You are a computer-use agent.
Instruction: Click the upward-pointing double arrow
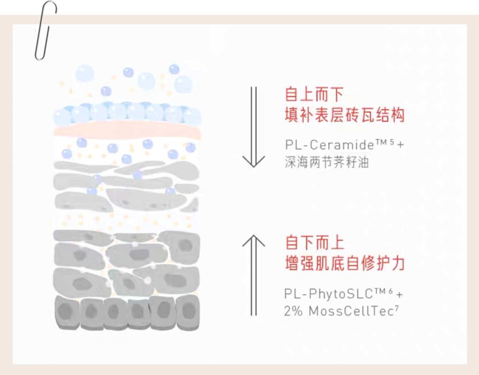(254, 275)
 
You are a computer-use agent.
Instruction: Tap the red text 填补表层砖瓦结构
(344, 115)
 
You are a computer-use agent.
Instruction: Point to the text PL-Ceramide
(329, 145)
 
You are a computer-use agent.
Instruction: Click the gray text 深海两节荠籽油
(326, 163)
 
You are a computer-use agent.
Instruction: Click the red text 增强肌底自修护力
(344, 263)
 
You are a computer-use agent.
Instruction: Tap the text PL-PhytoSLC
(328, 294)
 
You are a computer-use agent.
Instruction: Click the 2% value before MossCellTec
(293, 311)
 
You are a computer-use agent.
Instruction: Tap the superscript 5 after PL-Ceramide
(392, 142)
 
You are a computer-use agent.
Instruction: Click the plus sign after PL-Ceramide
(400, 145)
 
